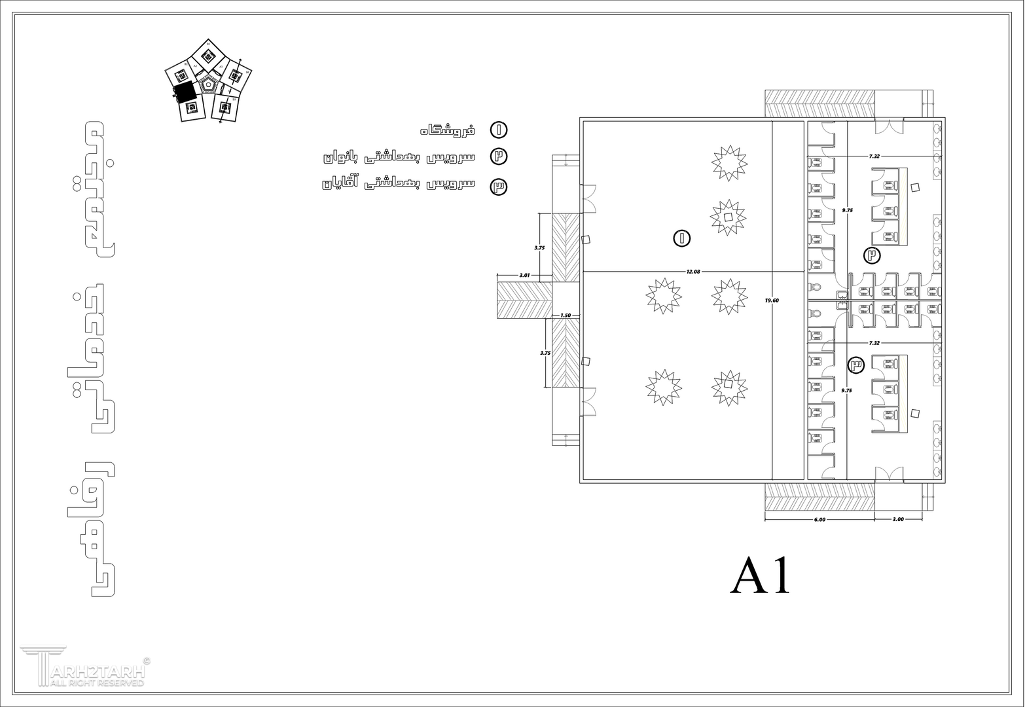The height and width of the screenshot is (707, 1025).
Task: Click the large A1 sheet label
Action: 761,575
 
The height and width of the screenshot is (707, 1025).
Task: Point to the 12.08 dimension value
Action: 693,271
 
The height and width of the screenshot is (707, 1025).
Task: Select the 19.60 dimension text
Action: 772,300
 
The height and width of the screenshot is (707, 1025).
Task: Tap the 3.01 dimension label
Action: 524,276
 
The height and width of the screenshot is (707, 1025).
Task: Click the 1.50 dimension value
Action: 566,316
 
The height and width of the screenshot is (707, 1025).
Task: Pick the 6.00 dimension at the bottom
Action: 819,519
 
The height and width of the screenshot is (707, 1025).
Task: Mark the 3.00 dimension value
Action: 898,519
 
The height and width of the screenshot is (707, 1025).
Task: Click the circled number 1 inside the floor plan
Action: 681,238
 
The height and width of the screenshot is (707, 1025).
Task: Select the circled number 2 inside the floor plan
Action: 871,255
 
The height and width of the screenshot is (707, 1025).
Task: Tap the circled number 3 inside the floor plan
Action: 855,364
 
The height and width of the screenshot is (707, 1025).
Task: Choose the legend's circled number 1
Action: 499,130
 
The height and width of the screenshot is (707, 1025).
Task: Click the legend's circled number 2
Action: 499,156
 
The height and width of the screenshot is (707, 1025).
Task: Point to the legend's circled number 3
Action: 499,187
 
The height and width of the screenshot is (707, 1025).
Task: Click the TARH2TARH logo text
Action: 92,670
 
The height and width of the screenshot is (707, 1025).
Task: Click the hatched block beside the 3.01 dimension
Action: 524,300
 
